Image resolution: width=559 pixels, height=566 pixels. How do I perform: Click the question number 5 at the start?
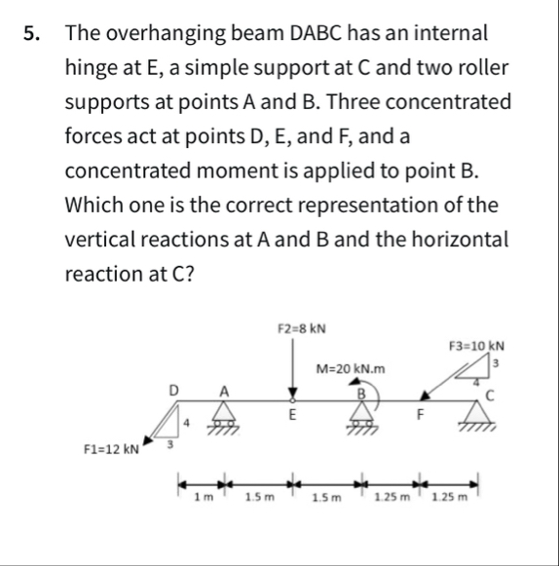pos(32,33)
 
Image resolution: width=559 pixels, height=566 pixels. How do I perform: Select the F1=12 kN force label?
pos(111,449)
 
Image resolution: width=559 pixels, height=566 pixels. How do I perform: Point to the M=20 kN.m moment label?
pos(352,368)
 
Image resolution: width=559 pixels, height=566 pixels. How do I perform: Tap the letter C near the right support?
pos(491,395)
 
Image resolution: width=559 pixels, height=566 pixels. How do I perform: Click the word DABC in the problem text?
pos(320,33)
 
